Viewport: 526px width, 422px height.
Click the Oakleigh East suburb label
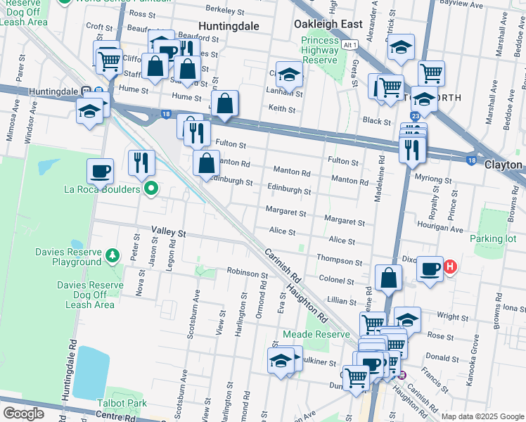click(328, 24)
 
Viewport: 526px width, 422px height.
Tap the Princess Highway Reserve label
click(320, 50)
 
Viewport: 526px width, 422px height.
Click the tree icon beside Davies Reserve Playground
click(112, 252)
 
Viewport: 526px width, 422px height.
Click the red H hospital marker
click(451, 267)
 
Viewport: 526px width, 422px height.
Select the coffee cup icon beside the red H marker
click(430, 268)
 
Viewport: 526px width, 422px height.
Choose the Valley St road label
click(168, 231)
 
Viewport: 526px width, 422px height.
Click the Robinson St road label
click(243, 271)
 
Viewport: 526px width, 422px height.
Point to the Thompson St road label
click(339, 261)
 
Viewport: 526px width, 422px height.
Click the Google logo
click(23, 414)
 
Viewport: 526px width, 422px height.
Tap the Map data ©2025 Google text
click(482, 416)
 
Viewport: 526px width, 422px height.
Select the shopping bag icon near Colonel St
click(388, 277)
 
